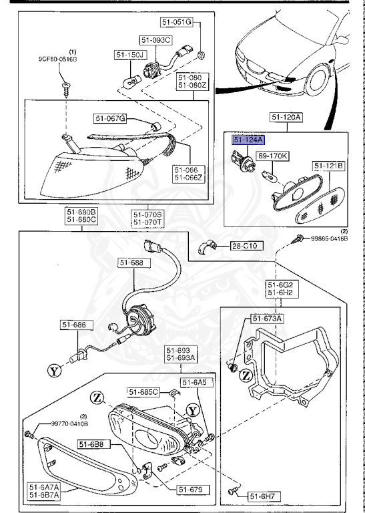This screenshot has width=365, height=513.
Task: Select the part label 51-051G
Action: pos(178,23)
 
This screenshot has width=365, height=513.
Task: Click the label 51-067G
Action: pos(110,118)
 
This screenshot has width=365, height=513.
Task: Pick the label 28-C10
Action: pos(245,246)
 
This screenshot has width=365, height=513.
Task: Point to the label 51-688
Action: pos(132,263)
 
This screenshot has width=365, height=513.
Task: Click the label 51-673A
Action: pos(268,319)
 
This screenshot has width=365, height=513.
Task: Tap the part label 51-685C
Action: pos(143,392)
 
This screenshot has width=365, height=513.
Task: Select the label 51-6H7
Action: pos(263,496)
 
